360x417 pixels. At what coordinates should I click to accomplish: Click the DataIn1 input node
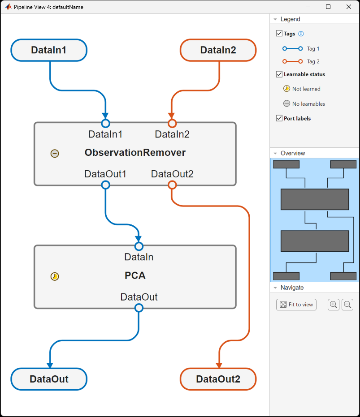(48, 50)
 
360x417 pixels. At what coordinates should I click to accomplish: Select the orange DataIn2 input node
(218, 50)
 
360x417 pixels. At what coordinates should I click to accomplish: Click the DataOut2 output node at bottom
(218, 379)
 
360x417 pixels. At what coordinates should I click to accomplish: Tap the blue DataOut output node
(48, 379)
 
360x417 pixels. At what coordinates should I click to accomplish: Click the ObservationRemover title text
(135, 153)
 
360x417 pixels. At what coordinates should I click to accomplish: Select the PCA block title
(135, 276)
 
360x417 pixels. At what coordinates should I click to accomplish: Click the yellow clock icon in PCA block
(54, 276)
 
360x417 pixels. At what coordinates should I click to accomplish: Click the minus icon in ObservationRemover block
(54, 154)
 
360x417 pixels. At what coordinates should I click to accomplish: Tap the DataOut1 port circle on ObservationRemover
(105, 185)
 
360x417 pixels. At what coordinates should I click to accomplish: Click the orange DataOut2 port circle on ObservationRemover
(172, 185)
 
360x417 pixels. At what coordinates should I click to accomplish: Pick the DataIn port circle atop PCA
(139, 246)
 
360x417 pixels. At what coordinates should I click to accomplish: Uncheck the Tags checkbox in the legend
(279, 34)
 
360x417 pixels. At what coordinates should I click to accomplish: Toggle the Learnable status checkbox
(279, 74)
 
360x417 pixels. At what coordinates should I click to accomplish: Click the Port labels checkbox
(279, 119)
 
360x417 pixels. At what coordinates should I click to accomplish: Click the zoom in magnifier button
(334, 305)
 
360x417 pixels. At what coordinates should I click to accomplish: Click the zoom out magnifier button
(347, 305)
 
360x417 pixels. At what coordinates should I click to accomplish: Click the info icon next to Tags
(301, 34)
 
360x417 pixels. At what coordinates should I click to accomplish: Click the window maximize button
(328, 7)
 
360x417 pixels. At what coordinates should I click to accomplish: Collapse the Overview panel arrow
(275, 153)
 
